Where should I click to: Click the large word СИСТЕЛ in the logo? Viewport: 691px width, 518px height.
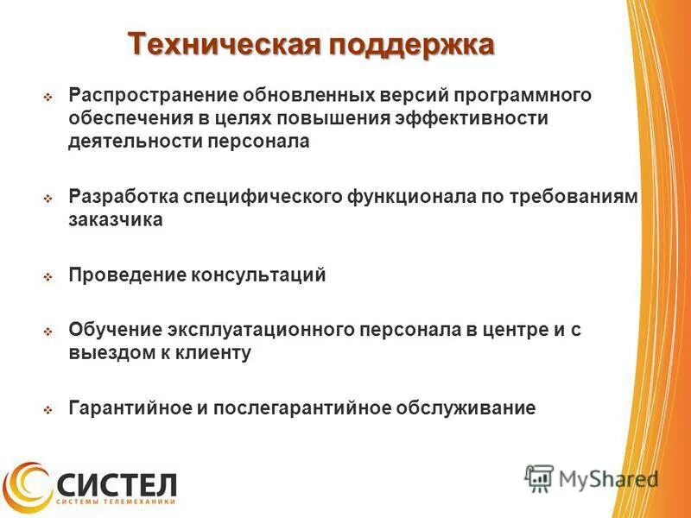(x=116, y=480)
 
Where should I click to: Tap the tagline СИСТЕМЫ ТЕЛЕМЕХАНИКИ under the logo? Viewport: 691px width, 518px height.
(x=116, y=502)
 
